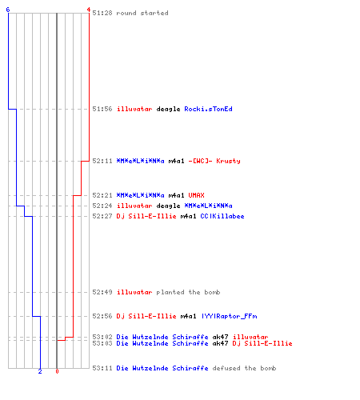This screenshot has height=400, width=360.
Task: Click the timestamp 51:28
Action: click(102, 13)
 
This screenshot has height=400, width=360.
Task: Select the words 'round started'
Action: click(142, 13)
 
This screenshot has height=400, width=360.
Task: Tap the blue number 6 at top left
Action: click(8, 10)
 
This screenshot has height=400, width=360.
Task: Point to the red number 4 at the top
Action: click(89, 10)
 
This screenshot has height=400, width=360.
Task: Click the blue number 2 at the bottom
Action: click(40, 371)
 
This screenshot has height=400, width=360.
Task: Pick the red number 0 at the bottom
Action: click(57, 371)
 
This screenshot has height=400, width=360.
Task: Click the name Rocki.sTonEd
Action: click(208, 109)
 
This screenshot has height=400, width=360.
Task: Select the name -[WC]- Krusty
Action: click(214, 161)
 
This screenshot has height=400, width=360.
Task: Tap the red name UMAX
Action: click(196, 195)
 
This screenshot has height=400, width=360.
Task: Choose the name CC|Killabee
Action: click(222, 216)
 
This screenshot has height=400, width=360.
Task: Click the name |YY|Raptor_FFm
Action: click(230, 316)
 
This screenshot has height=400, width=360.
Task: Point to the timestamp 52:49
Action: click(102, 292)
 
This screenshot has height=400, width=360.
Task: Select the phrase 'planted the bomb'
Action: click(188, 292)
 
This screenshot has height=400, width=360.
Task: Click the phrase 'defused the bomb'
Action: click(244, 368)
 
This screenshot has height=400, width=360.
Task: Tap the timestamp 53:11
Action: click(102, 368)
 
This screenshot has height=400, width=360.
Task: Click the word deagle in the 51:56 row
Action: click(168, 109)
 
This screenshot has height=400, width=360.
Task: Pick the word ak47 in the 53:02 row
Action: click(220, 337)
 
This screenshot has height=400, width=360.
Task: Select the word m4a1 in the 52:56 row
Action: click(188, 316)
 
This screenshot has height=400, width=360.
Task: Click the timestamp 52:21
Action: click(102, 195)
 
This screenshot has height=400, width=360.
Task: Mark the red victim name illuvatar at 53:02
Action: click(250, 337)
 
